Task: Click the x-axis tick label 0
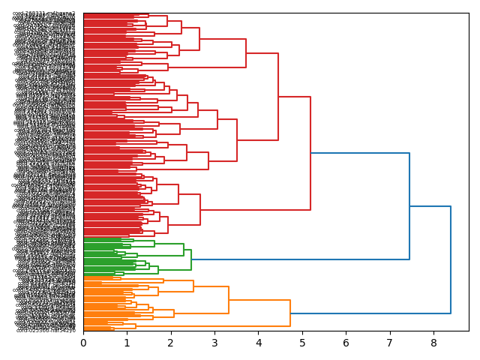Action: click(x=83, y=343)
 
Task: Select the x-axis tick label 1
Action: click(x=127, y=343)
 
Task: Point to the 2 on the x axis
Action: click(x=171, y=343)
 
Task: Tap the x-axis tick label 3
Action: click(x=214, y=343)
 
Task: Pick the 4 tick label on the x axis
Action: click(x=258, y=343)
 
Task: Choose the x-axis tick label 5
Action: click(x=302, y=343)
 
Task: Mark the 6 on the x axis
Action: click(x=346, y=343)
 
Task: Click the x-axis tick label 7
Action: click(x=390, y=343)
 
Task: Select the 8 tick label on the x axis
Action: click(x=433, y=343)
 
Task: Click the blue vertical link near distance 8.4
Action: click(x=451, y=259)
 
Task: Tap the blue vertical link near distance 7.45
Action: click(x=409, y=206)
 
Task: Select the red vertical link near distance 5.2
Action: click(x=310, y=153)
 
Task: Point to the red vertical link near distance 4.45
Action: click(x=278, y=97)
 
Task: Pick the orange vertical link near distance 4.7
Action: click(x=290, y=313)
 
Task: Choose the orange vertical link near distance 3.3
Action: click(x=229, y=300)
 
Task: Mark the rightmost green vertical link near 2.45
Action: click(x=191, y=259)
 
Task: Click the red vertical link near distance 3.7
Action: click(x=246, y=53)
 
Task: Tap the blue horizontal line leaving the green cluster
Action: click(x=300, y=259)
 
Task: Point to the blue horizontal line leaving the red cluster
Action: click(x=360, y=153)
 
